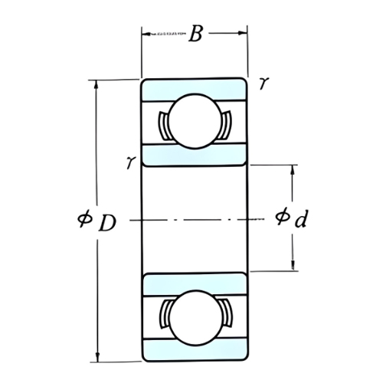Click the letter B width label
tap(196, 35)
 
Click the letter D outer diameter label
tap(108, 223)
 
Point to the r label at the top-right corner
tap(263, 84)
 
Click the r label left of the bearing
tap(132, 162)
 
